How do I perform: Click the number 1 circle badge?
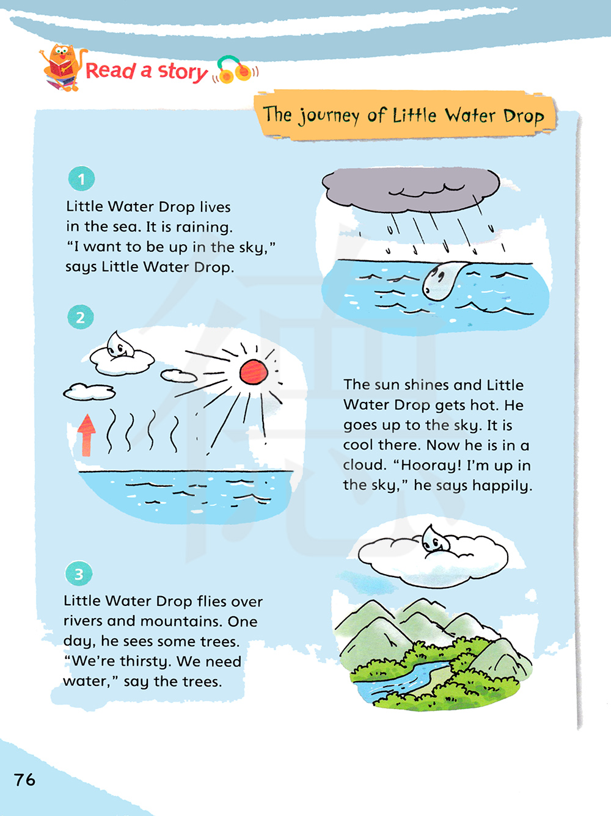81,179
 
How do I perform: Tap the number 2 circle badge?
80,317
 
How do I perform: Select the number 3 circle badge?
78,574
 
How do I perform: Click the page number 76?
24,779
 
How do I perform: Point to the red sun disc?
254,372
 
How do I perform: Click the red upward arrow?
86,435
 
